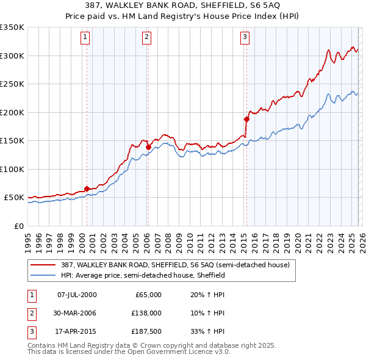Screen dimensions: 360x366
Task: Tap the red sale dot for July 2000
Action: (x=87, y=189)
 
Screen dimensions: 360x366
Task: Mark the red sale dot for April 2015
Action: (x=246, y=119)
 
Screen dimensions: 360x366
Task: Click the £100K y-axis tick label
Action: (x=12, y=169)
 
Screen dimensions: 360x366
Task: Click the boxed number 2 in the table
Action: (x=30, y=313)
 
